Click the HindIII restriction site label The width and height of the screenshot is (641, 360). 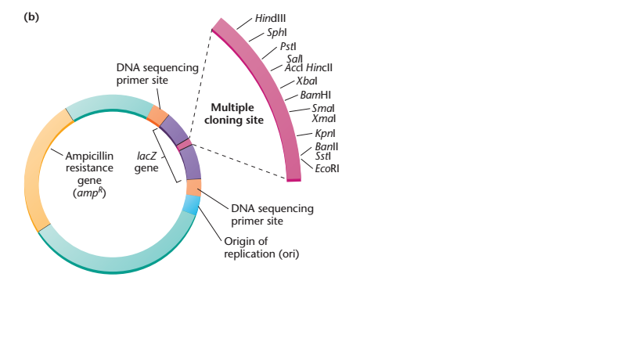tap(270, 18)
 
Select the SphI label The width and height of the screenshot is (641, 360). tap(277, 33)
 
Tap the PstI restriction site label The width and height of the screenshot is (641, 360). tap(288, 47)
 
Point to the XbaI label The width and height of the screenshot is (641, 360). tap(307, 81)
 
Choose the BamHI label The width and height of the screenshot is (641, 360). tap(315, 95)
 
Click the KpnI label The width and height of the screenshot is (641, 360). tap(325, 134)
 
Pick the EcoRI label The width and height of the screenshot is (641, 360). tap(327, 168)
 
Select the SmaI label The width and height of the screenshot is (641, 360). tap(323, 108)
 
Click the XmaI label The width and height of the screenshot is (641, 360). tap(324, 118)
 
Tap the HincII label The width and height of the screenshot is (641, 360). tap(319, 68)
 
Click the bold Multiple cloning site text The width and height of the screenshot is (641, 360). tap(234, 113)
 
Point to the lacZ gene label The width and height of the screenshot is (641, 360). tap(146, 162)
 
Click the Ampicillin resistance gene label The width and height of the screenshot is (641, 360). tap(89, 174)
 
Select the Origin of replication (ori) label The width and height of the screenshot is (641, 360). tap(261, 247)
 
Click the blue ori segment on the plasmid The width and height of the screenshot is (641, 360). tap(190, 205)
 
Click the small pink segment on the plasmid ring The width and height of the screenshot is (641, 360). tap(185, 144)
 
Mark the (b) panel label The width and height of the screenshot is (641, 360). tap(31, 17)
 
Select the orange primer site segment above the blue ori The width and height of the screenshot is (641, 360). tap(194, 187)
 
